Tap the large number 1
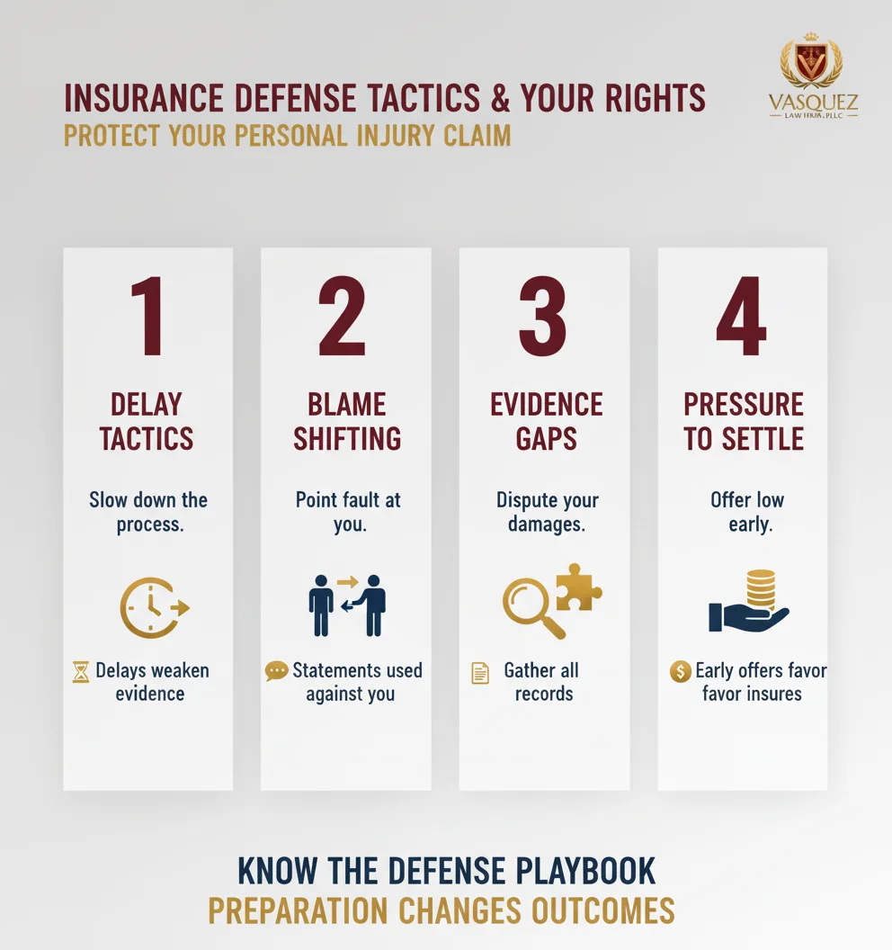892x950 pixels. (x=147, y=318)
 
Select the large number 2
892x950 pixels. (x=343, y=318)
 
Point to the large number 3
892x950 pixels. (x=542, y=318)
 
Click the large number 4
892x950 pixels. (x=741, y=318)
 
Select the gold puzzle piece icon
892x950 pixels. (x=578, y=587)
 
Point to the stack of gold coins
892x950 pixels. (x=761, y=590)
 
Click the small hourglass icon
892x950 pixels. (x=81, y=671)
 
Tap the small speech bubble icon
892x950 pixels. (x=277, y=671)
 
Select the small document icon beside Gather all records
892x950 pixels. (x=480, y=672)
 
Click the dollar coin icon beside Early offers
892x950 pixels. (x=681, y=671)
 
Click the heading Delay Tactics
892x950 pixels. (x=147, y=421)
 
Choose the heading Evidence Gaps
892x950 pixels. (x=547, y=421)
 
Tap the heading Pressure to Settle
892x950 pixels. (x=743, y=421)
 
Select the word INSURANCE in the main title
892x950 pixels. (x=159, y=99)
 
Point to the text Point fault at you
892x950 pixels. (x=348, y=511)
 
